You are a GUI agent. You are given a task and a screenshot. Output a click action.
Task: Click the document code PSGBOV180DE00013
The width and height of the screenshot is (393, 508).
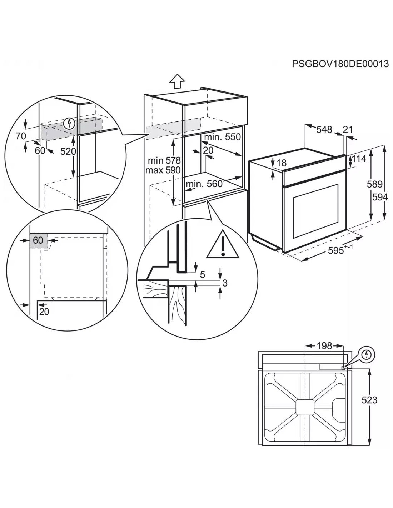[340, 64]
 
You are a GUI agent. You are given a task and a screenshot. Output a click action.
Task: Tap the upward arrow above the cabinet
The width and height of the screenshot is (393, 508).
[177, 81]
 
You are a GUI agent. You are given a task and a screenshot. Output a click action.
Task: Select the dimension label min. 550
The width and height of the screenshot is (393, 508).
[223, 137]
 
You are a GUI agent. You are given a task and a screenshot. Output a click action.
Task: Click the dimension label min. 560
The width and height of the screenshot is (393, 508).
[204, 184]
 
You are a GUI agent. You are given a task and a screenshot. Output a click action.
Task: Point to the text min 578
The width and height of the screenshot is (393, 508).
[165, 160]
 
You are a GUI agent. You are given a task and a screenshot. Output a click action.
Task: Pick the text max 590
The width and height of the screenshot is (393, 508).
[163, 170]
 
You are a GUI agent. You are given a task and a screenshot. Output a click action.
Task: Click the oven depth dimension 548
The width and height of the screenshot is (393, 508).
[324, 130]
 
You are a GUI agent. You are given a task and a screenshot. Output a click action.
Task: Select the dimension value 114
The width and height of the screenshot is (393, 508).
[359, 159]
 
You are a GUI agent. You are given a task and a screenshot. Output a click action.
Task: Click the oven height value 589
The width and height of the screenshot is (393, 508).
[374, 184]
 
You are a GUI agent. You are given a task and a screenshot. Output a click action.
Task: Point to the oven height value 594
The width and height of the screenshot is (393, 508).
[380, 196]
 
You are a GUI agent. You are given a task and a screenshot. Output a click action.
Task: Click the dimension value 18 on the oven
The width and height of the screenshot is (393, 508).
[282, 163]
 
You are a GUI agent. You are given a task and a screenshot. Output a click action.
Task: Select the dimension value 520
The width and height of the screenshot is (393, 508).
[68, 151]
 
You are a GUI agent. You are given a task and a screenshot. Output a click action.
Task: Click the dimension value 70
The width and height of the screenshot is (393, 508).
[21, 136]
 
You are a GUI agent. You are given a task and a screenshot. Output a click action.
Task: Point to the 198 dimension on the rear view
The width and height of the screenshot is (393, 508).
[324, 345]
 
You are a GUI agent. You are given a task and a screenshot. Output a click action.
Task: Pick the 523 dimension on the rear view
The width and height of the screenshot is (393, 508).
[369, 400]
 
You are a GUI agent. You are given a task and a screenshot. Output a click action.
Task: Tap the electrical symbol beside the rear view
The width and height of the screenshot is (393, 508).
[367, 354]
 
